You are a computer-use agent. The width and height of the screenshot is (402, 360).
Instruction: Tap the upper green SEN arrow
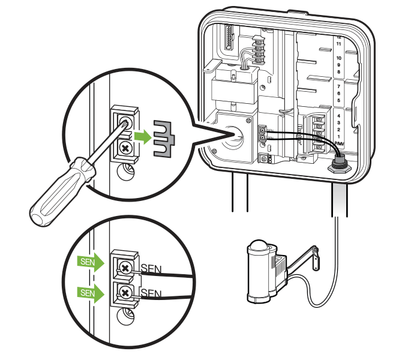91,262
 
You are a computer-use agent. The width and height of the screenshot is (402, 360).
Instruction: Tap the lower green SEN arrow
91,293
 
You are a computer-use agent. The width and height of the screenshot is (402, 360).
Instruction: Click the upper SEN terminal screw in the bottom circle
125,266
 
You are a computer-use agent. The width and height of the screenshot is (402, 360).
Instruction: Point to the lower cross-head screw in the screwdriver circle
125,148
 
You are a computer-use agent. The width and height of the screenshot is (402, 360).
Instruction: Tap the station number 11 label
338,44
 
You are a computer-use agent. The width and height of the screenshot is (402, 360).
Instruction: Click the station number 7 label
339,86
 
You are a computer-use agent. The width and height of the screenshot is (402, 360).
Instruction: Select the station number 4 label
339,115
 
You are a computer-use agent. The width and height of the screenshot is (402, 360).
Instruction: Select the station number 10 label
338,58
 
